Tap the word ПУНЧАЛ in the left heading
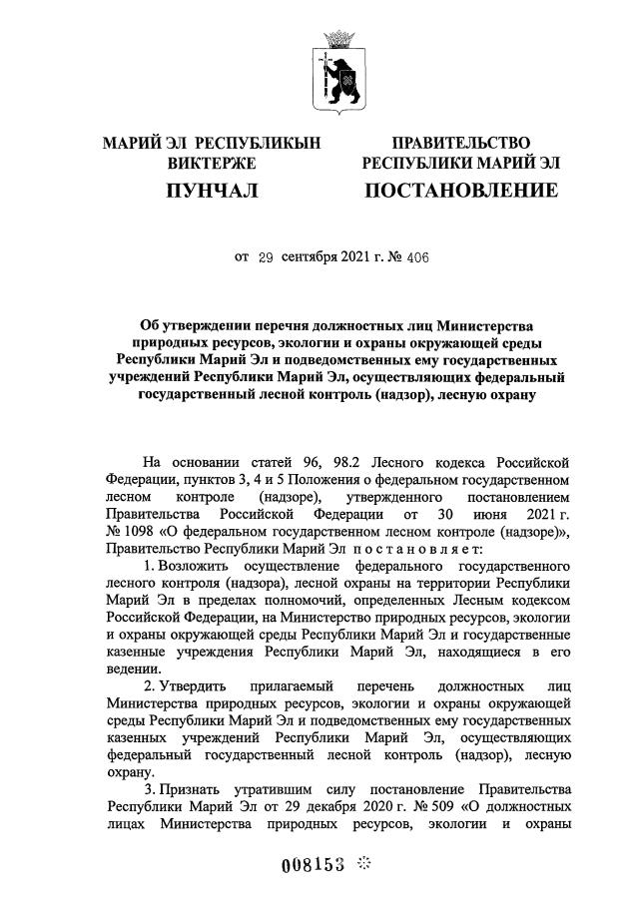[x=211, y=190]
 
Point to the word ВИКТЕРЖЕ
[x=212, y=163]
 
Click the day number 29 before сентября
[x=266, y=256]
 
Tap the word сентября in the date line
[x=309, y=256]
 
